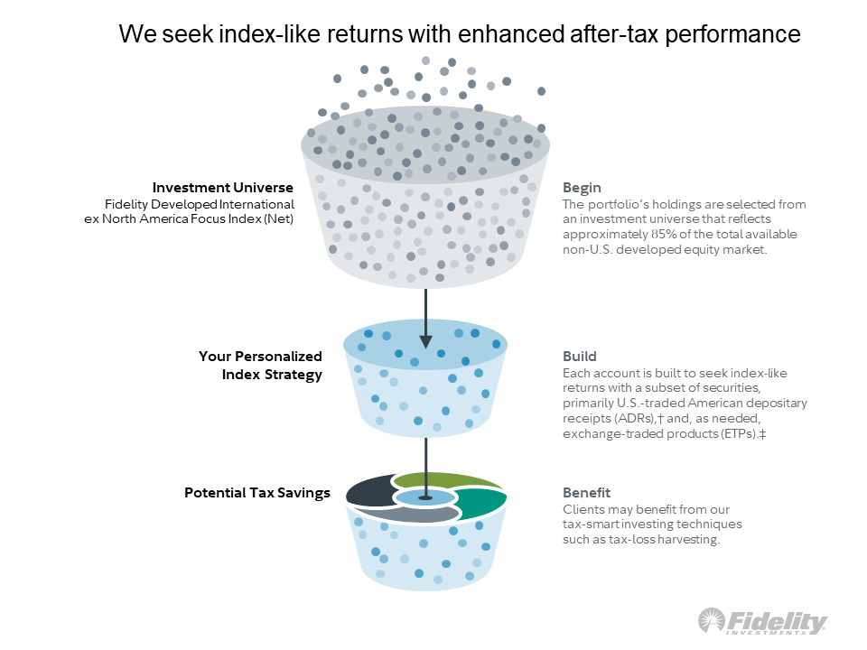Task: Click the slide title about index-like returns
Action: [460, 34]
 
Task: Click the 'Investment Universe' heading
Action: [222, 188]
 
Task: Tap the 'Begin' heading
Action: [582, 188]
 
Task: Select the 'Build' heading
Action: [579, 357]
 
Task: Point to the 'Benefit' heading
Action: [586, 493]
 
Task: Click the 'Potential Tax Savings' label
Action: [256, 493]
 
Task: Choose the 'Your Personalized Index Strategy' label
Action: [260, 366]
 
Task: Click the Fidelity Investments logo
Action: [762, 622]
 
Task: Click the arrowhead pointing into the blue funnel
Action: [425, 340]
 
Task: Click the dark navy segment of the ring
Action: [369, 492]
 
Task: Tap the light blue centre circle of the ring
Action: [425, 497]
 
